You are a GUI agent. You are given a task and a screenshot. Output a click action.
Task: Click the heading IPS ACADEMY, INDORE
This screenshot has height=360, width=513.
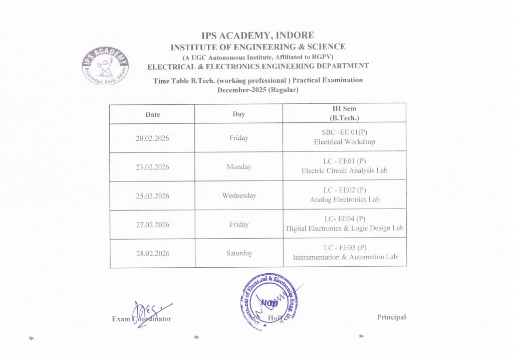tap(258, 36)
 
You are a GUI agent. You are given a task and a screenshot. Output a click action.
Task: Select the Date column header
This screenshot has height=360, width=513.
tap(153, 114)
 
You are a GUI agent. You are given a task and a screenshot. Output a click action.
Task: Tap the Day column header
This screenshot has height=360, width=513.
tap(238, 114)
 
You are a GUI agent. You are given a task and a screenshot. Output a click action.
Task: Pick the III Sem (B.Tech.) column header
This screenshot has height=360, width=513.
tap(344, 113)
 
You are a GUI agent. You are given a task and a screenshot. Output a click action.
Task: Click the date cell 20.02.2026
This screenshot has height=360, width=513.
tap(153, 138)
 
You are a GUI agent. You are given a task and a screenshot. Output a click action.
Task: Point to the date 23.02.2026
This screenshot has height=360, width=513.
tap(153, 167)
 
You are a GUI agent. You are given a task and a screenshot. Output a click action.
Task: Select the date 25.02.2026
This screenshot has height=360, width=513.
tap(153, 196)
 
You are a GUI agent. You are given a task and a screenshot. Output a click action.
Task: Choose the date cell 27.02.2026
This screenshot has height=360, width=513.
tap(153, 225)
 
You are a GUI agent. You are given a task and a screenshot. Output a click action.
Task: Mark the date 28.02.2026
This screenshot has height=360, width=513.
tap(153, 254)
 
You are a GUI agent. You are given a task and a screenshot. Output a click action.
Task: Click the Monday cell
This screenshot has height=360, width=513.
tap(238, 167)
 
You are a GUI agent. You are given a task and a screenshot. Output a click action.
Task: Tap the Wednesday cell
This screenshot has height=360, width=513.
tap(238, 196)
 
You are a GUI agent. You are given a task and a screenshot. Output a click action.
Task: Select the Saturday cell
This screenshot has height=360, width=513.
tap(238, 253)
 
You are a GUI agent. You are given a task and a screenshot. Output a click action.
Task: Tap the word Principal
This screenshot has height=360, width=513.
tap(391, 317)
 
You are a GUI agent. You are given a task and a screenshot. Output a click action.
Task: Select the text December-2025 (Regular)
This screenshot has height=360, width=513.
tap(258, 90)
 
